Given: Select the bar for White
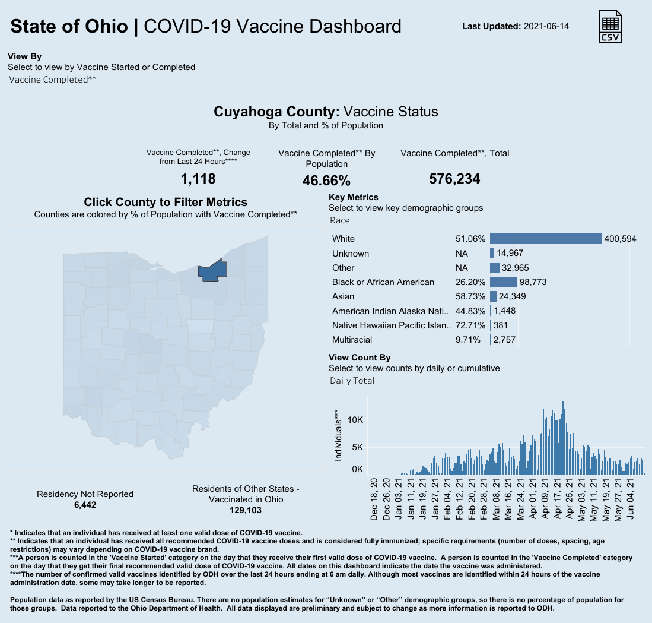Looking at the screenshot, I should click(x=545, y=239).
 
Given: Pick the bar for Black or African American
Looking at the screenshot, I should click(x=503, y=282).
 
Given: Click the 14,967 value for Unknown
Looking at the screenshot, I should click(x=510, y=254).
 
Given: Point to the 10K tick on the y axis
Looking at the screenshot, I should click(x=355, y=420).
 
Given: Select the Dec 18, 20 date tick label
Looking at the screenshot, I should click(x=374, y=498).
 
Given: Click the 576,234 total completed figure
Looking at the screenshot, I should click(x=454, y=179).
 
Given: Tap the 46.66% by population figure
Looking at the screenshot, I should click(x=326, y=181).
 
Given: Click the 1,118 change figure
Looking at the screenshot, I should click(x=198, y=179).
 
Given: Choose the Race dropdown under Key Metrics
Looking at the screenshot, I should click(x=340, y=220).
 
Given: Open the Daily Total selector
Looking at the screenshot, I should click(x=352, y=381).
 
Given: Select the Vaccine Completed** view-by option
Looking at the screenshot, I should click(x=53, y=79).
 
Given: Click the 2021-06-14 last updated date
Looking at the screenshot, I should click(x=546, y=27).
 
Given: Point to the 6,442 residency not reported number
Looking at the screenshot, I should click(x=85, y=505).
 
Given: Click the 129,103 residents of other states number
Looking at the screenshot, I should click(x=246, y=510).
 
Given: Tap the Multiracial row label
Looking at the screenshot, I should click(x=352, y=340).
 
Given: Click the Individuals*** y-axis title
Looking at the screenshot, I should click(x=338, y=435).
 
